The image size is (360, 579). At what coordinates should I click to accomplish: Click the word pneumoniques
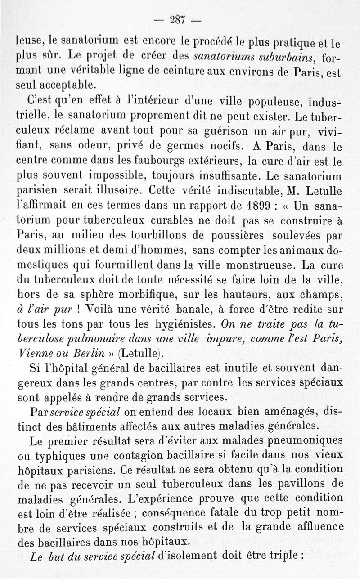click(298, 440)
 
